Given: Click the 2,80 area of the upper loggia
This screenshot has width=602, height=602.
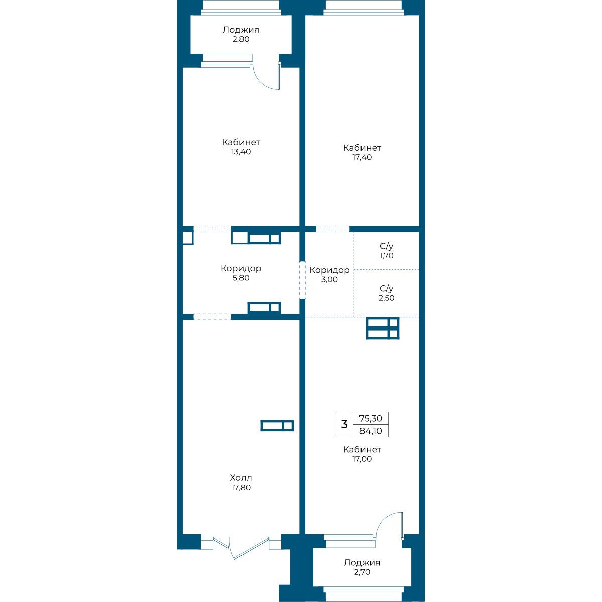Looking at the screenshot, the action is (x=240, y=39).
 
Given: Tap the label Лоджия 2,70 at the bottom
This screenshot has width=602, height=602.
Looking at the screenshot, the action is (x=362, y=567).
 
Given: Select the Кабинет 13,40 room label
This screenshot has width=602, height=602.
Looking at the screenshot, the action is (x=240, y=147).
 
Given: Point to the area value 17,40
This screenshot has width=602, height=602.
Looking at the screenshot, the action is (x=362, y=157).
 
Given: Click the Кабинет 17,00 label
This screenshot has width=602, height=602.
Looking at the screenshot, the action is (x=362, y=454).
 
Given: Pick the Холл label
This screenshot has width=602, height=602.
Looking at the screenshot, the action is (x=240, y=478).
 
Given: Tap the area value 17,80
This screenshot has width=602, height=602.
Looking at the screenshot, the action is (x=240, y=488).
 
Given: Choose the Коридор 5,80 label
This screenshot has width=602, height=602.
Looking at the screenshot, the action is (x=240, y=273).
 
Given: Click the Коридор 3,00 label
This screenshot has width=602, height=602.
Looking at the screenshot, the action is (x=329, y=275).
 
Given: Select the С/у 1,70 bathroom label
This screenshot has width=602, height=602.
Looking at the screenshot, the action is (x=386, y=251).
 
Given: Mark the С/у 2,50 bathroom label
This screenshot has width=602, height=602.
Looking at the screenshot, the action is (x=386, y=293).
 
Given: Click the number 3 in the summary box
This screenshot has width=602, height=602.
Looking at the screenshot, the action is (x=344, y=424).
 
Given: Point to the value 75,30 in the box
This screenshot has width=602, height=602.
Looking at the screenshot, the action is (x=371, y=418).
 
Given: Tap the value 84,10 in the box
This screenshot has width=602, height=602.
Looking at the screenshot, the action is (x=371, y=431).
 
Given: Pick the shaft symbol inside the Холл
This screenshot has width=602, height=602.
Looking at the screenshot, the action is (x=277, y=425).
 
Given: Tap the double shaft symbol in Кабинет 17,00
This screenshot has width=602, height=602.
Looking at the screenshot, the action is (x=383, y=329).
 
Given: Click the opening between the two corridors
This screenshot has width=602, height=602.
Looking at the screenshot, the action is (x=302, y=280).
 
